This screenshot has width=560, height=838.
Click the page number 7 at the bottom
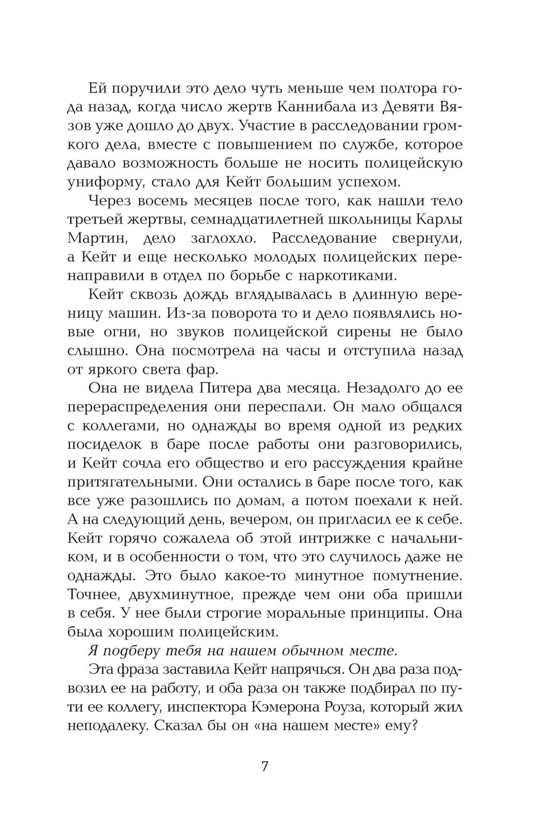265,766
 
